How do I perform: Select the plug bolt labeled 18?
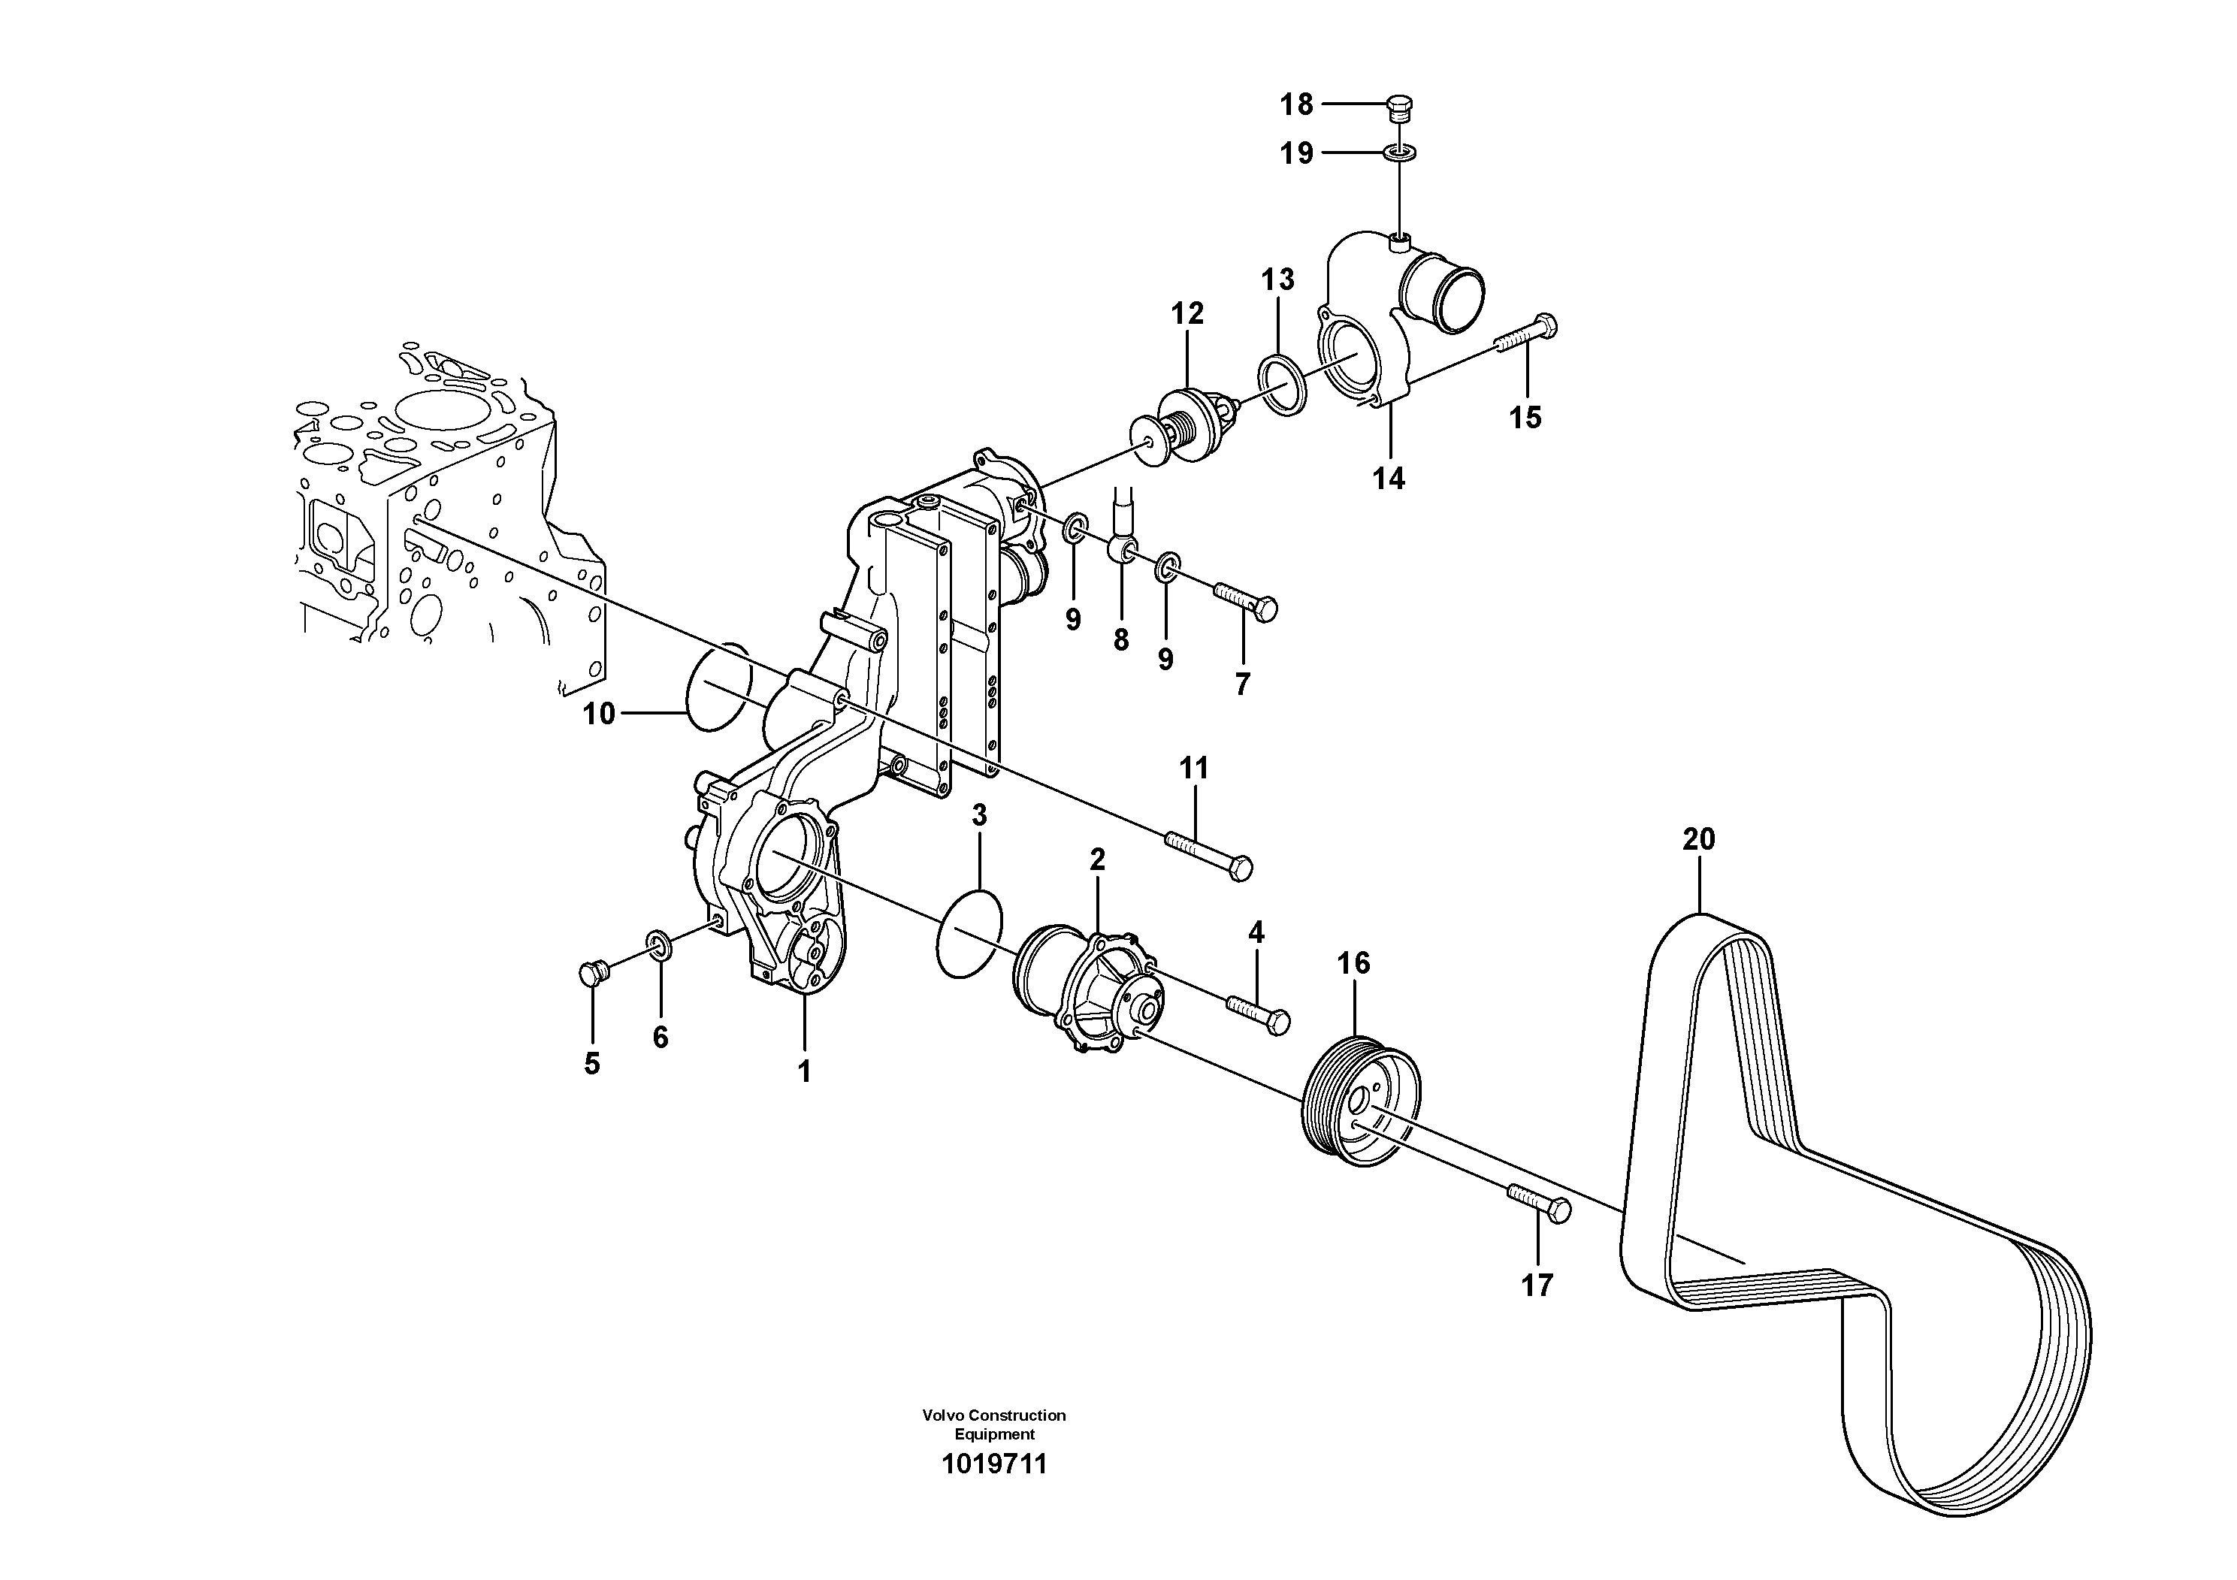[x=1400, y=108]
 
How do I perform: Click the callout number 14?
[x=1389, y=479]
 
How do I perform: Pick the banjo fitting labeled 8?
[x=1120, y=551]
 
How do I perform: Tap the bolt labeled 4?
[x=1259, y=1012]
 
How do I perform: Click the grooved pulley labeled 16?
[x=1362, y=1103]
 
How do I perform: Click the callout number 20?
[x=1698, y=838]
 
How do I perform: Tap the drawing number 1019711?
[x=994, y=1464]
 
